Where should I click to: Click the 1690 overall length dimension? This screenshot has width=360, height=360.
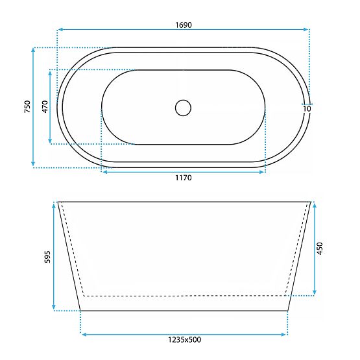click(183, 25)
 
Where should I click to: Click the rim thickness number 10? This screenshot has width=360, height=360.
click(307, 108)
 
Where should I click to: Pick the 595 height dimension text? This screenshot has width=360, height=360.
click(46, 257)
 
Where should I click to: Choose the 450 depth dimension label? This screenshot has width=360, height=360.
click(319, 248)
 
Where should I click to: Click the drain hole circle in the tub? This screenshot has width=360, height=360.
click(184, 107)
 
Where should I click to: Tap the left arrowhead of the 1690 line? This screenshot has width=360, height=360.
click(59, 29)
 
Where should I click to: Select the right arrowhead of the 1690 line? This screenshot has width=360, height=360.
click(308, 29)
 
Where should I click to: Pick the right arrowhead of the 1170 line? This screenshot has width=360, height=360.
click(263, 171)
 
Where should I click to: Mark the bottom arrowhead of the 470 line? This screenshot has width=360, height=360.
click(51, 142)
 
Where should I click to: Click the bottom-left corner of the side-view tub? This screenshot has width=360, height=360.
click(80, 310)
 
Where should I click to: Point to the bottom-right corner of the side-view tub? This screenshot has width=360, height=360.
click(287, 310)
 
